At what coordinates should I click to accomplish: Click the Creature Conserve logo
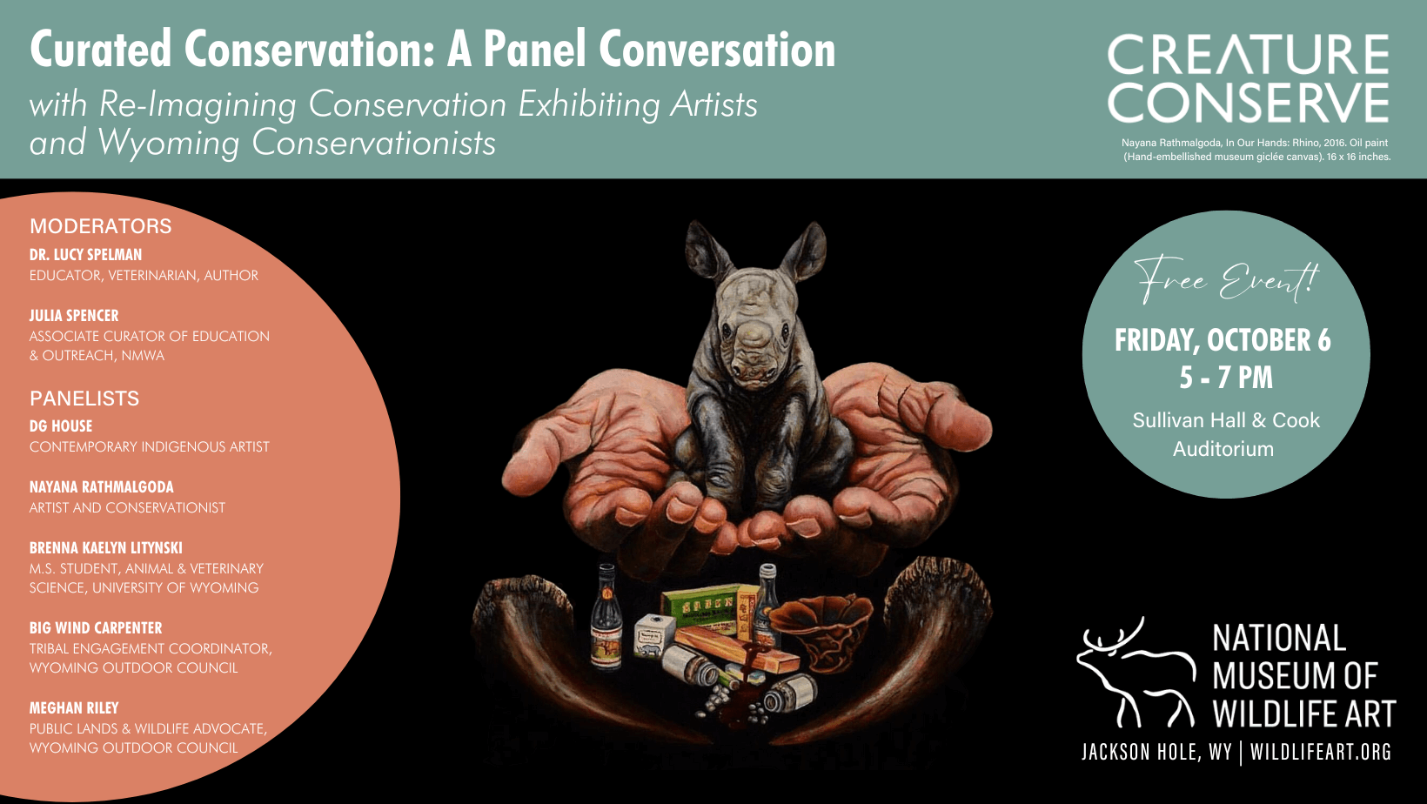pos(1248,77)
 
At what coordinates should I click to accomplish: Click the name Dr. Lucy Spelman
pos(85,255)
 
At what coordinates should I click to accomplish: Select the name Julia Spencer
pos(74,315)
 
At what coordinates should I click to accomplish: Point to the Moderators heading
pos(101,226)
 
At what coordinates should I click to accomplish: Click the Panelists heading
pos(84,399)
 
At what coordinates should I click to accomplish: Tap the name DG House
pos(61,426)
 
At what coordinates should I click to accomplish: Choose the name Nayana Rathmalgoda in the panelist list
pos(101,487)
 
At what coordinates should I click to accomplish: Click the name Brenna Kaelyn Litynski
pos(106,548)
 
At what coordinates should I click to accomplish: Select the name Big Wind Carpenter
pos(96,628)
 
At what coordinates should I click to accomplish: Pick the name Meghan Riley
pos(74,707)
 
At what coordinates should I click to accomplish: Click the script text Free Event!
pos(1225,280)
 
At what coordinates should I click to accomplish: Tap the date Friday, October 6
pos(1223,340)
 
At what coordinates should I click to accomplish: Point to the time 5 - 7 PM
pos(1226,377)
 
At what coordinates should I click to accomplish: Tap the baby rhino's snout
pos(754,357)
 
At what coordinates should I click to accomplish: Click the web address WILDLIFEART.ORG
pos(1321,752)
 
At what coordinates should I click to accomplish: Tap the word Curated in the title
pos(101,50)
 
